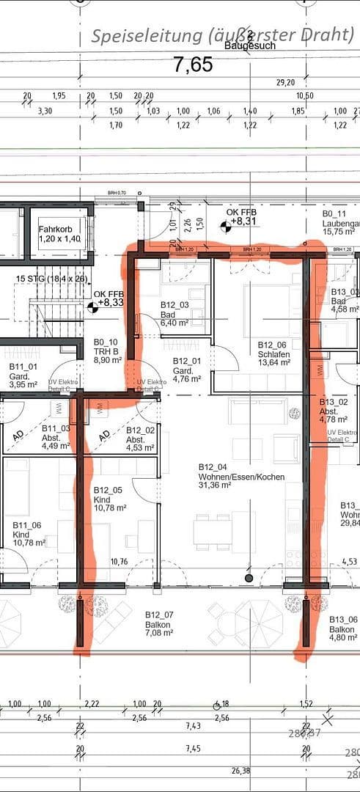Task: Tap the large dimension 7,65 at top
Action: (x=194, y=65)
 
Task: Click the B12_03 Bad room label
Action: (x=175, y=313)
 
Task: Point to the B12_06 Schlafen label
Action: (x=271, y=349)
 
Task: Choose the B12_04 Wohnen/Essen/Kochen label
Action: (x=241, y=472)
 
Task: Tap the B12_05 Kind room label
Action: (x=109, y=499)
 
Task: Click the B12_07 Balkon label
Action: (x=158, y=619)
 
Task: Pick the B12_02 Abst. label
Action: (x=139, y=435)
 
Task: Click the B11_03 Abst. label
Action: (x=55, y=433)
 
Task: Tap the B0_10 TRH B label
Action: (x=106, y=346)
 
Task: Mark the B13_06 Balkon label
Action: (x=342, y=623)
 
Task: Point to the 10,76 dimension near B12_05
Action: (x=119, y=562)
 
